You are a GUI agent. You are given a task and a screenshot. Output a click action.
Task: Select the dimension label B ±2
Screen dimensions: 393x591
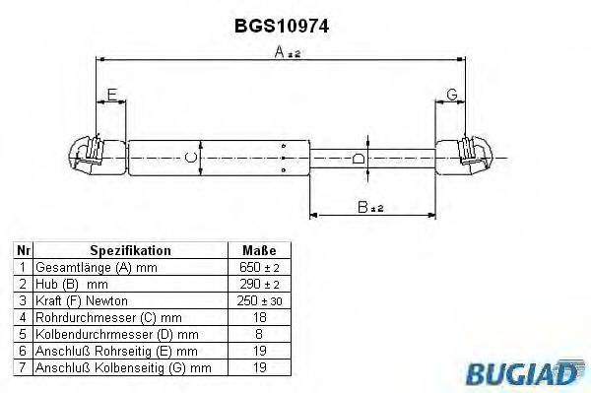[x=370, y=208]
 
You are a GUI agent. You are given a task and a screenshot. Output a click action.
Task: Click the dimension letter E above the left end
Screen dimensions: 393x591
[x=111, y=95]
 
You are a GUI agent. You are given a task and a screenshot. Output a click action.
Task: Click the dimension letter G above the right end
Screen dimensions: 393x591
[x=451, y=95]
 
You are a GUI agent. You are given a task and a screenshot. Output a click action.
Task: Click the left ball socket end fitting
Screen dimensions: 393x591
[x=90, y=157]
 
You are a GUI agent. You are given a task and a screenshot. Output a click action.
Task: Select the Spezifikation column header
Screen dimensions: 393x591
[x=130, y=250]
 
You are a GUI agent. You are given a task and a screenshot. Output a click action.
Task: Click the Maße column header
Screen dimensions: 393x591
[x=259, y=250]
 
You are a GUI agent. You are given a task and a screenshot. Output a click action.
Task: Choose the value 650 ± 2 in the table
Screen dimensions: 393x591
[x=259, y=267]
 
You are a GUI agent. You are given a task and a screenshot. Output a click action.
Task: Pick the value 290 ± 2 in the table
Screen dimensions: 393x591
[x=259, y=284]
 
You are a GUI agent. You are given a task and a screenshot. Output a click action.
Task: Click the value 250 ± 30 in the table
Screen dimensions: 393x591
[x=259, y=300]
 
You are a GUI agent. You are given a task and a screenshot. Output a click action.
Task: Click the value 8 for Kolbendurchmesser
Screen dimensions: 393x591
[x=259, y=334]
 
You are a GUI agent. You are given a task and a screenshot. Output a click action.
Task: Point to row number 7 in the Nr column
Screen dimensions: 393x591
[x=23, y=367]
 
